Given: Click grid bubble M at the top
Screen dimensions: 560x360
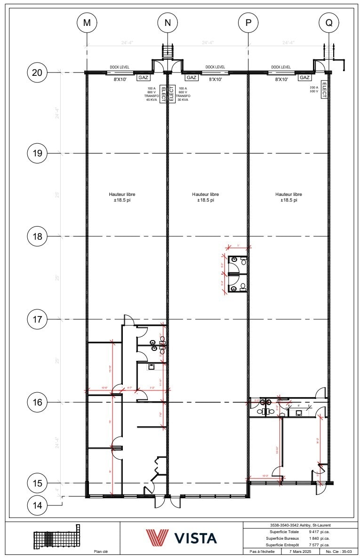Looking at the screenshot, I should pos(87,23).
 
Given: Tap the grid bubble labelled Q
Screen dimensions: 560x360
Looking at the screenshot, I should pos(328,23).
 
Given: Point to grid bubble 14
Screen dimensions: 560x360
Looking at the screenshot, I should pos(37,505).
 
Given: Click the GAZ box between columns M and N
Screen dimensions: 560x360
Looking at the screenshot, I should pos(143,78).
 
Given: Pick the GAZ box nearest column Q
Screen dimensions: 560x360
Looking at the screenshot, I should pos(305,78).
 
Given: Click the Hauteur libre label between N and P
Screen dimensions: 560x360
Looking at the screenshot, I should pos(205,197).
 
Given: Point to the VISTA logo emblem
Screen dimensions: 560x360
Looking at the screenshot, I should pos(157,537).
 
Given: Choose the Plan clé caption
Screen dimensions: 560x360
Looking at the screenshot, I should pos(101,552).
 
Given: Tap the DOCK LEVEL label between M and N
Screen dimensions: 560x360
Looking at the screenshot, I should pos(120,67).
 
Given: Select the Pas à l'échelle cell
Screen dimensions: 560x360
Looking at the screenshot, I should pos(262,551).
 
